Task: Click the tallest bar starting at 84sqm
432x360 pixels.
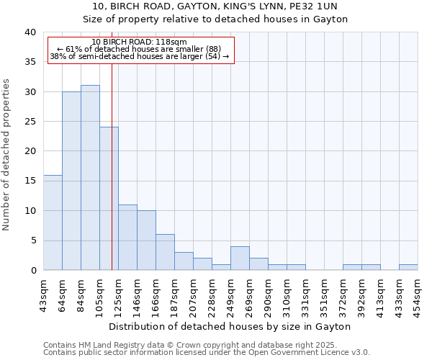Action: [90, 178]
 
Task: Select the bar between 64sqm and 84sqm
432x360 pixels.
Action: [71, 181]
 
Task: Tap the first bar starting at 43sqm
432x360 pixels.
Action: [53, 222]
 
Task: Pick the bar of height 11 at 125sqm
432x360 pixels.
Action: [127, 238]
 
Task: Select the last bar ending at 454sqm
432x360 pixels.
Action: [408, 267]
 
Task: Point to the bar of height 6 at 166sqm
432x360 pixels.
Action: [165, 252]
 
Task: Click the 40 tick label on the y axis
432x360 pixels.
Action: [30, 32]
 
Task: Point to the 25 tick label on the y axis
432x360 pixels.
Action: [30, 122]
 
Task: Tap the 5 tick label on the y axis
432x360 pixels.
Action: [32, 240]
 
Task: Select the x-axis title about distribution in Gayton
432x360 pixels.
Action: [230, 326]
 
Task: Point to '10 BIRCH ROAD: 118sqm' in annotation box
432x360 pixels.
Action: [140, 42]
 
